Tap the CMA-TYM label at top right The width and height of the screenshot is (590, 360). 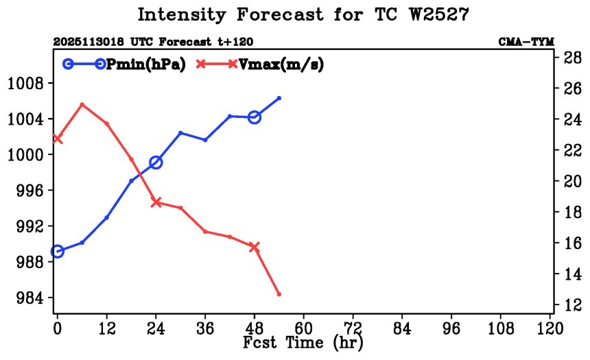tap(526, 42)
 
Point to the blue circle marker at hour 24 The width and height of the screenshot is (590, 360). tap(156, 163)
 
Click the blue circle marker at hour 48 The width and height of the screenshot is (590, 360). tap(255, 117)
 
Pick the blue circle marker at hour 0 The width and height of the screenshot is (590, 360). tap(58, 252)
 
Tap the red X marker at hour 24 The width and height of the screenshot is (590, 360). tap(156, 202)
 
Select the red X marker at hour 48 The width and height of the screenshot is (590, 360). tap(255, 247)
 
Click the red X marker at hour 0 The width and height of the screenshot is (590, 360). tap(58, 139)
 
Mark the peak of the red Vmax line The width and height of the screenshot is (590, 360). tap(82, 104)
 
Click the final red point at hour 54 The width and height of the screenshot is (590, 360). tap(279, 294)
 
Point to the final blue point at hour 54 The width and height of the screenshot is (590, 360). tap(279, 98)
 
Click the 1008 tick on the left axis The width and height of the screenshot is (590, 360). tap(25, 84)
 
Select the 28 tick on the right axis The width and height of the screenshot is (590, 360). tap(574, 58)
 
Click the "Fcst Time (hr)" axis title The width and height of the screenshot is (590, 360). tap(303, 341)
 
